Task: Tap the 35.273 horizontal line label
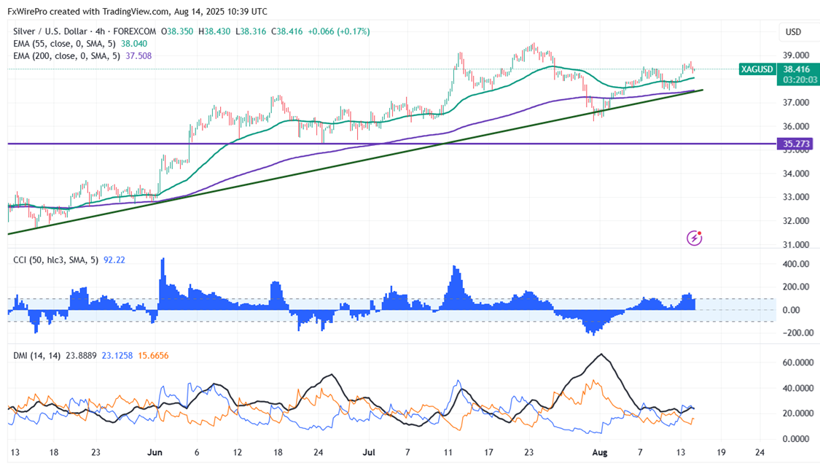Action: [x=796, y=144]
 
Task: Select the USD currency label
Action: [x=793, y=32]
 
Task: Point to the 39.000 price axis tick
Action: [x=795, y=55]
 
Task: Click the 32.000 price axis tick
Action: [x=795, y=221]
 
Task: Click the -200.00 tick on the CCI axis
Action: [x=794, y=333]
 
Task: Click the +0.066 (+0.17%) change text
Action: [x=338, y=31]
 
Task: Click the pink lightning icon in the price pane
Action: [x=695, y=237]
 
